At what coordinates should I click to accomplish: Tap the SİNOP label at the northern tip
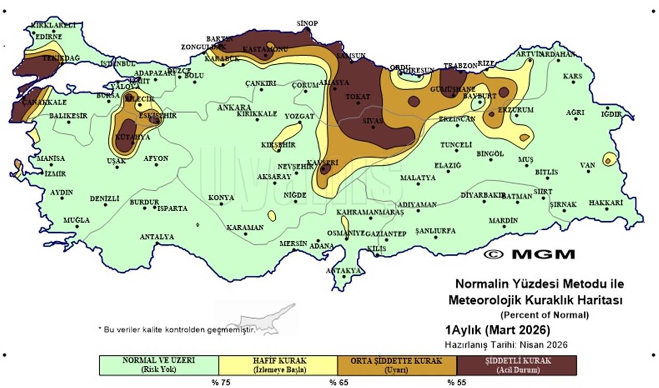coord(307,23)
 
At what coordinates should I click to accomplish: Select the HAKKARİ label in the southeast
coord(606,203)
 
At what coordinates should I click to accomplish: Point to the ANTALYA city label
coord(157,237)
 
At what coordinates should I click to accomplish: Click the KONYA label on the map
coord(221,198)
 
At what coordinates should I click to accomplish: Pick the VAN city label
coord(587,165)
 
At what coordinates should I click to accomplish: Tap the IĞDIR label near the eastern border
coord(610,114)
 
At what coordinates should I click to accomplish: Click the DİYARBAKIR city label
coord(483,196)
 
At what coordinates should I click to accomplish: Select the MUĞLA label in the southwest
coord(76,220)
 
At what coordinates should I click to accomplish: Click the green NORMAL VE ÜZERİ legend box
coord(159,365)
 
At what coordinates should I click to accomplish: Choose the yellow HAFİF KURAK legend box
coord(278,365)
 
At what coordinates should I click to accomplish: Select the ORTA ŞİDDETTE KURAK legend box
coord(397,365)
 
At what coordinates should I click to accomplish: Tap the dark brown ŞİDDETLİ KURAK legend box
coord(516,365)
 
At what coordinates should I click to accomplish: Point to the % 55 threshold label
coord(457,382)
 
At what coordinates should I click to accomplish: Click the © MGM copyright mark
coord(529,254)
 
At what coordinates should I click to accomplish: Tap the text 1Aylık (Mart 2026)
coord(497,330)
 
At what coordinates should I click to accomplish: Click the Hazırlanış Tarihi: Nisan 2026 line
coord(506,344)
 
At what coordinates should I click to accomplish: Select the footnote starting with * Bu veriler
coord(176,329)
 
